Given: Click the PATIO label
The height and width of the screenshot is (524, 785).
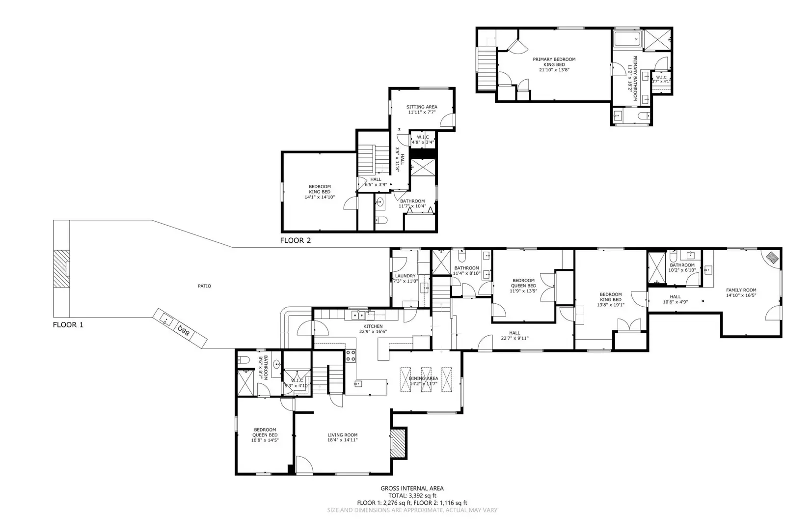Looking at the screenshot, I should pos(204,286).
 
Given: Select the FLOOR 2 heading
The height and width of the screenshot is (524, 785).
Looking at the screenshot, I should pos(295,240).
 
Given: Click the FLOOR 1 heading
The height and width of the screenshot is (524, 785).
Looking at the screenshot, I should pos(68,324).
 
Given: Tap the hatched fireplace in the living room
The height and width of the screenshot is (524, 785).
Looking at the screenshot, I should pos(398,443).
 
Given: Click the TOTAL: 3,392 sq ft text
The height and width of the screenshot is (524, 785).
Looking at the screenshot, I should pos(412,495).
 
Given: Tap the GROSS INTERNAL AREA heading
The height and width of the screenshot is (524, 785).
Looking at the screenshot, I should pos(412,488).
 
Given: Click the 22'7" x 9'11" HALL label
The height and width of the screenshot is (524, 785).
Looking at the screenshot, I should pos(514,336).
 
